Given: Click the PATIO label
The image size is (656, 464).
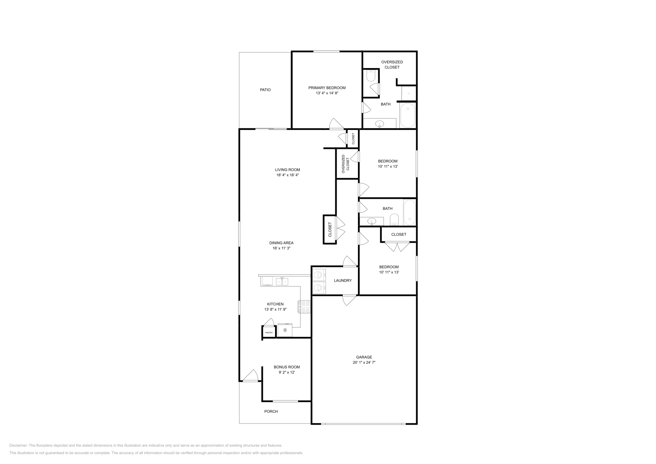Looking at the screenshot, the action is click(265, 90).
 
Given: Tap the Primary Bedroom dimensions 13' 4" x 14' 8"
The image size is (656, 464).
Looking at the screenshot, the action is click(327, 93).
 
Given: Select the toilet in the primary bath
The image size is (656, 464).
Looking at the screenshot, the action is click(371, 75).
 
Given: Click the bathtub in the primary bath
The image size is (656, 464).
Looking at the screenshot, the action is click(408, 115).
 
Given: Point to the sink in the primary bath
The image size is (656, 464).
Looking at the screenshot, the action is click(380, 124).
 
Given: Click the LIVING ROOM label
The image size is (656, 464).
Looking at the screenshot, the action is click(287, 170).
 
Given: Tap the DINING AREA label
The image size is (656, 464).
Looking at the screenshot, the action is click(281, 243).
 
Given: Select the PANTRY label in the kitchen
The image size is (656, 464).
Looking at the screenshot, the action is click(269, 332).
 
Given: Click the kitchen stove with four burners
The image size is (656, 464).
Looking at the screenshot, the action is click(304, 307).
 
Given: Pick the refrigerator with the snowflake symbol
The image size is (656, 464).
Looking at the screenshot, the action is click(285, 330).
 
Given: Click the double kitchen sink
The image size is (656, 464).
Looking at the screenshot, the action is click(282, 282).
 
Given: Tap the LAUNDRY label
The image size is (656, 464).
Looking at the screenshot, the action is click(343, 280).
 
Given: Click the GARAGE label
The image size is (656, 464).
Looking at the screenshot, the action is click(364, 357).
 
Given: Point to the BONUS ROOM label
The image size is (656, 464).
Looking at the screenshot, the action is click(287, 367).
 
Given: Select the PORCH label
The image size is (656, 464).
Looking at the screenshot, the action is click(271, 411).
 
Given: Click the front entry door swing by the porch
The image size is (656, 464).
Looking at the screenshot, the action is click(251, 375).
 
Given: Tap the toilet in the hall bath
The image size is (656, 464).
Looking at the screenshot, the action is click(394, 219).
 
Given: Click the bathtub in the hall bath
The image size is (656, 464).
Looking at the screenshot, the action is click(410, 212).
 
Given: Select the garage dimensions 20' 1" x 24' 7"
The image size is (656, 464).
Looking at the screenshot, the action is click(364, 362).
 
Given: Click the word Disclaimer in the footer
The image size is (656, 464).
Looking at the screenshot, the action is click(18, 446).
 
